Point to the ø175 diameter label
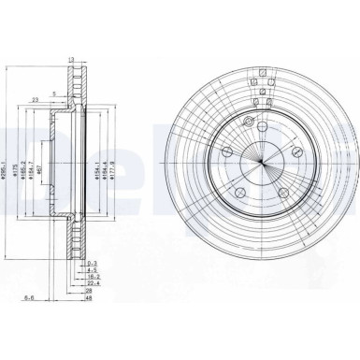pyautogui.click(x=18, y=172)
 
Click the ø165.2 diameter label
pyautogui.click(x=27, y=172)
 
